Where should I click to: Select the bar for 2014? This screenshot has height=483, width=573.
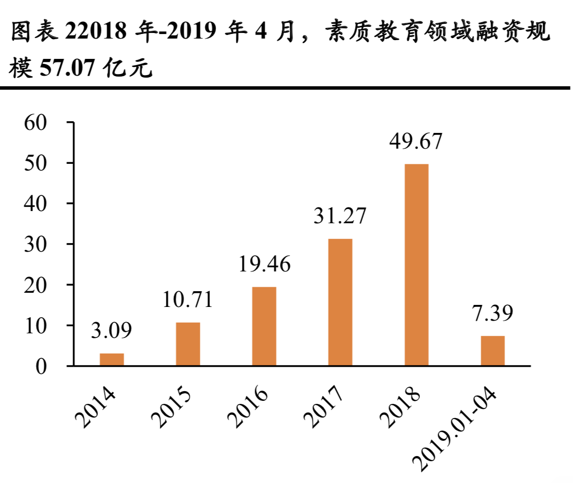(x=112, y=359)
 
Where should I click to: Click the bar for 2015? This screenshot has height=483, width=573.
(x=188, y=344)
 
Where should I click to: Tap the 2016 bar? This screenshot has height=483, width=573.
(x=264, y=326)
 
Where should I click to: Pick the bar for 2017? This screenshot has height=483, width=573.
(x=340, y=302)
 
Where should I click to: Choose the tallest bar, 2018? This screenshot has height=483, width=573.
(x=416, y=264)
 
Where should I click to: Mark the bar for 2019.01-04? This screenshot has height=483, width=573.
(x=492, y=351)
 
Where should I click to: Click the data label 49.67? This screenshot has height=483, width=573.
(x=416, y=142)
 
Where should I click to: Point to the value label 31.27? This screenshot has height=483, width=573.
(x=340, y=217)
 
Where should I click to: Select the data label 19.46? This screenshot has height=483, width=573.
(x=264, y=264)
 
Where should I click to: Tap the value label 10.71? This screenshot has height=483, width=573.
(x=188, y=300)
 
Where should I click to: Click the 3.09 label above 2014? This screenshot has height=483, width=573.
(x=112, y=331)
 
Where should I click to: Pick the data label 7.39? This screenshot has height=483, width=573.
(x=492, y=313)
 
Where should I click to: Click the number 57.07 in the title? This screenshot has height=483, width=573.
(x=67, y=68)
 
